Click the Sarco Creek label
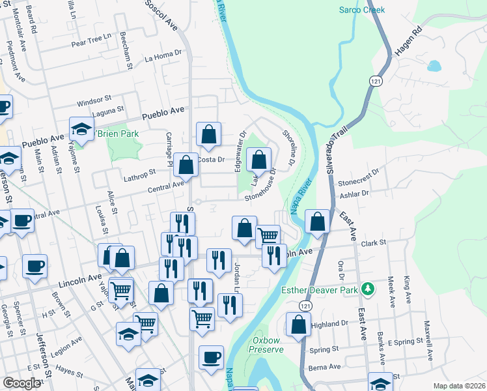[362, 10]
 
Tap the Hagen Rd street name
[408, 40]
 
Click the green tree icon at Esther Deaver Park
[368, 288]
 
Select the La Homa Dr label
[162, 57]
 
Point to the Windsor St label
[94, 102]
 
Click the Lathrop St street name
[139, 173]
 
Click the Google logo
[21, 383]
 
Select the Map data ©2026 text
[460, 386]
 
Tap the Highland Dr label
[330, 324]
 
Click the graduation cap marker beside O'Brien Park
[82, 128]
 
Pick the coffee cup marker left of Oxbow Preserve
[211, 358]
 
